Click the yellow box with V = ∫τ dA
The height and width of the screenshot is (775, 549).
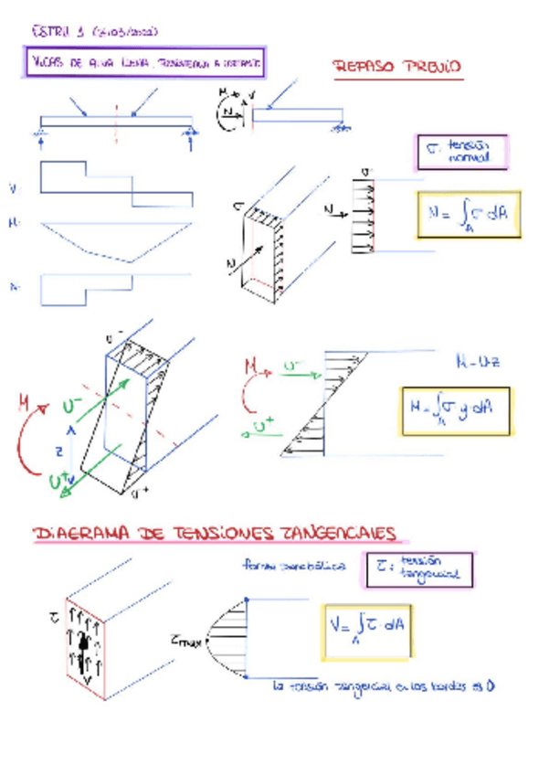pyautogui.click(x=370, y=630)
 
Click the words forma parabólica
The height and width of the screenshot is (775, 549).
pyautogui.click(x=294, y=566)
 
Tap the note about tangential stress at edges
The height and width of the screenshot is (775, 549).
pyautogui.click(x=384, y=685)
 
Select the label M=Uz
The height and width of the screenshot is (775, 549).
pyautogui.click(x=476, y=362)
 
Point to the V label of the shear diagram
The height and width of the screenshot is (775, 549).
pyautogui.click(x=15, y=189)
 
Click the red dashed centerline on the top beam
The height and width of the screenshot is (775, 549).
pyautogui.click(x=117, y=117)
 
